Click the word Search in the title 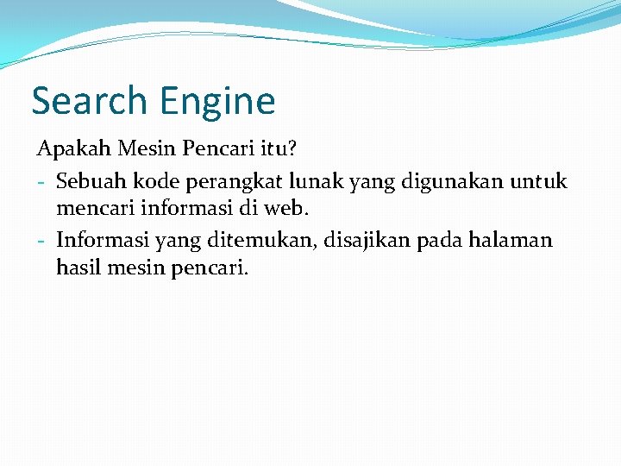point(89,101)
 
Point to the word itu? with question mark point(278,149)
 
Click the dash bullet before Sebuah point(41,182)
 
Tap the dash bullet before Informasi point(41,241)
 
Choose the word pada point(438,241)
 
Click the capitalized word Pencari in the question point(215,149)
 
